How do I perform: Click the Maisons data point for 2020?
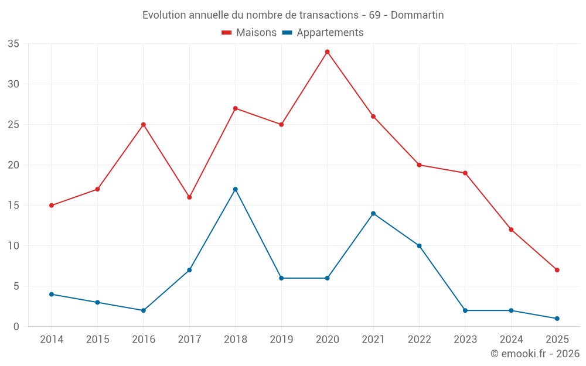327,52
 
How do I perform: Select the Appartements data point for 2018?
235,189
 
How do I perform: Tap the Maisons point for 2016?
143,125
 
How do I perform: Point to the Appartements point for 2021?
373,213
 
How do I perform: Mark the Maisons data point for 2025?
557,270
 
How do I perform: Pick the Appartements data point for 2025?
557,319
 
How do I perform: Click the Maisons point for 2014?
52,206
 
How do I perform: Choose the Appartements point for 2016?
143,310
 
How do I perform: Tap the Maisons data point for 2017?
189,197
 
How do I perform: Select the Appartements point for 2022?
419,246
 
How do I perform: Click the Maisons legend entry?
249,33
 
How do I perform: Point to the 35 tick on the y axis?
13,44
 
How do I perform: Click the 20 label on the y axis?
13,165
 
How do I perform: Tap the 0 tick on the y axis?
16,327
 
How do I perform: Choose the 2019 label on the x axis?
281,340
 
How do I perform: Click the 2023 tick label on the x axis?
465,340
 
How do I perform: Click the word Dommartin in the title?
417,15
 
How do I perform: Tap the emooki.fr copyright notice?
535,354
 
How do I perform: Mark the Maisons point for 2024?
511,230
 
